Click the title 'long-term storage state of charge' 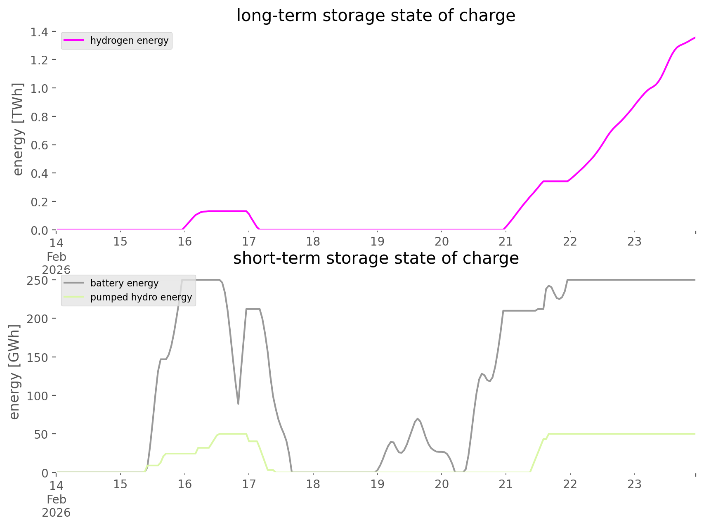click(x=376, y=16)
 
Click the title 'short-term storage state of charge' click(x=376, y=258)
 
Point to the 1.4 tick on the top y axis click(x=39, y=32)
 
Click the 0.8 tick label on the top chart click(x=39, y=117)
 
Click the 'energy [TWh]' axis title click(x=18, y=129)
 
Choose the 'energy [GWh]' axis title click(x=14, y=372)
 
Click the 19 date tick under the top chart click(x=377, y=241)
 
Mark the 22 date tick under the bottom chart click(x=570, y=484)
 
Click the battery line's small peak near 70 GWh click(x=418, y=419)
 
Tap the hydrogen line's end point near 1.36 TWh click(x=695, y=38)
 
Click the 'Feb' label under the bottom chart click(x=57, y=500)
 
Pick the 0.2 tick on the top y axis click(x=39, y=202)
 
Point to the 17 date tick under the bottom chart click(x=249, y=484)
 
